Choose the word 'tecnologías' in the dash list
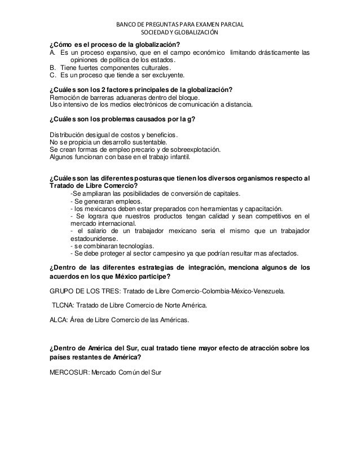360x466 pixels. click(x=132, y=246)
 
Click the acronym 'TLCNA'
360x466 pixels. click(x=64, y=305)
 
